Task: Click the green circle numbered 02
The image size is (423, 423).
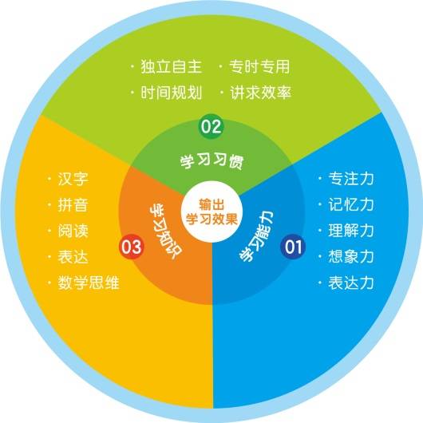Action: [211, 126]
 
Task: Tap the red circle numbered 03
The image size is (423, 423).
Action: [132, 247]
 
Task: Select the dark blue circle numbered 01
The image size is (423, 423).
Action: [293, 247]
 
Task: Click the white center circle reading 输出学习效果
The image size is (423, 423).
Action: [211, 211]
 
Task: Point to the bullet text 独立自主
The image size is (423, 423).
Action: [172, 66]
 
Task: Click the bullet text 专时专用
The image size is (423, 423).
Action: [259, 66]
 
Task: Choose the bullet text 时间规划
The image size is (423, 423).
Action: [172, 93]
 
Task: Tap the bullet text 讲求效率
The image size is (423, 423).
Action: [261, 93]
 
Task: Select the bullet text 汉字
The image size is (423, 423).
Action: [73, 179]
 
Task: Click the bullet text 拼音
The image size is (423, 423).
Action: [73, 205]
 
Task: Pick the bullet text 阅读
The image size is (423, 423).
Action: [73, 231]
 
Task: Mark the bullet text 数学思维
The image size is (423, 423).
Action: [89, 283]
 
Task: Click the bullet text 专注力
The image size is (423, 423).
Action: [351, 179]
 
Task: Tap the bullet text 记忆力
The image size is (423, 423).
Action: [351, 205]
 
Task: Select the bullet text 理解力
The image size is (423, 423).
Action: [351, 231]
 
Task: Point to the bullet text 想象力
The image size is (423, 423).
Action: [351, 257]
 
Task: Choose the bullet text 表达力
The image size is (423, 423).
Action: [351, 283]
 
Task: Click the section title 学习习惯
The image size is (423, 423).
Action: [211, 161]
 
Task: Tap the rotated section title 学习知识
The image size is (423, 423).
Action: [166, 232]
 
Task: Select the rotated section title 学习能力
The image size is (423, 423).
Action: [256, 236]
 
